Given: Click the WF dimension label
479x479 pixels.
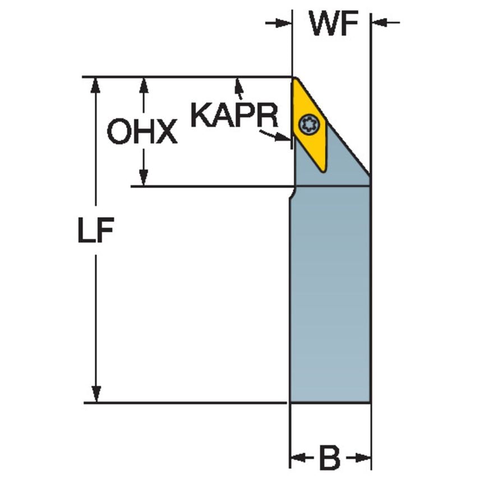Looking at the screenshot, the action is [x=333, y=23].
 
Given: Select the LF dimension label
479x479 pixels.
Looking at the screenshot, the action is [x=96, y=230].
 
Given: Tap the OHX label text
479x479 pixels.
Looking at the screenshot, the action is [x=142, y=131].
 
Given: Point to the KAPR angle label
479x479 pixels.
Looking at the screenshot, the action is [x=234, y=115].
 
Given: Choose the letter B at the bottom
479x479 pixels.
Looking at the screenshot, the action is [x=330, y=458].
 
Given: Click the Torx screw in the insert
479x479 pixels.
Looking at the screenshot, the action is [x=309, y=124].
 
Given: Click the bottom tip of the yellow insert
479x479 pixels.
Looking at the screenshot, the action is [x=323, y=171].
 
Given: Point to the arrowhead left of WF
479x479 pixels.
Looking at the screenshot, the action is [x=283, y=23].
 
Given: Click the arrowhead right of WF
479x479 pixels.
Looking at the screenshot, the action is [x=379, y=22].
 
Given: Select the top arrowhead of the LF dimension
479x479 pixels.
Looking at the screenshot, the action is [x=96, y=85].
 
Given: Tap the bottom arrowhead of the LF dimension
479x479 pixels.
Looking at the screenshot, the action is [x=96, y=394].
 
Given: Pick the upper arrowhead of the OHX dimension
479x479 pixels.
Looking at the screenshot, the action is [x=144, y=85].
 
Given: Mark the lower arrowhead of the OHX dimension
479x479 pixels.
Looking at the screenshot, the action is [x=143, y=178].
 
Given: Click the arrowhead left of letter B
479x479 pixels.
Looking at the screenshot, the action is [x=297, y=458].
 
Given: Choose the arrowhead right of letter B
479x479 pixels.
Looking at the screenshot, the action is [x=363, y=458].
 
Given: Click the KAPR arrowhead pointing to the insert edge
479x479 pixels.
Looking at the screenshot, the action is [x=283, y=137].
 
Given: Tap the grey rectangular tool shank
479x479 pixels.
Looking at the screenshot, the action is [x=330, y=294].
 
